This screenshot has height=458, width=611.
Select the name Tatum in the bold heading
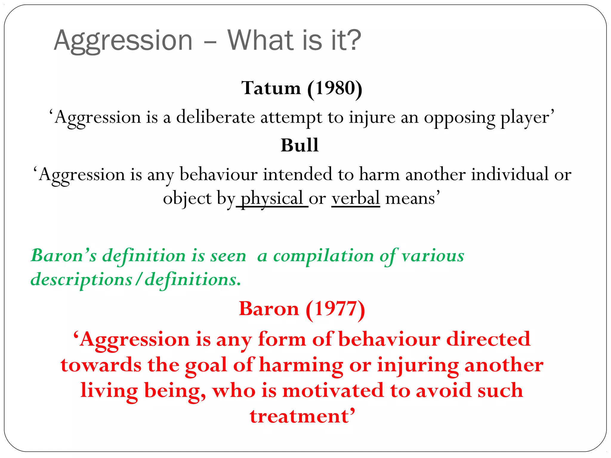[271, 88]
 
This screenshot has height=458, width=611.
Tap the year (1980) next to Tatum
[335, 89]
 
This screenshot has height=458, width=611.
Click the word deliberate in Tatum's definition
[215, 117]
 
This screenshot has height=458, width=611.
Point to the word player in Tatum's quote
[524, 117]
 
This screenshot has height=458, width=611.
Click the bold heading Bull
[300, 145]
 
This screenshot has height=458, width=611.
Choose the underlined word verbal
[355, 198]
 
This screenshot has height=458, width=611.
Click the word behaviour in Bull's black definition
[219, 174]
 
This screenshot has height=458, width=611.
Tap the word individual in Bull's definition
[510, 174]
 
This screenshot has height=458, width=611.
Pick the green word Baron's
[64, 256]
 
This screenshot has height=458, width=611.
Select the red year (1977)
[335, 309]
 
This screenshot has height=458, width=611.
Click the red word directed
[488, 339]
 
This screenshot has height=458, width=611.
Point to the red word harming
[301, 365]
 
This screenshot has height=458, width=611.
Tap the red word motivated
[333, 391]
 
